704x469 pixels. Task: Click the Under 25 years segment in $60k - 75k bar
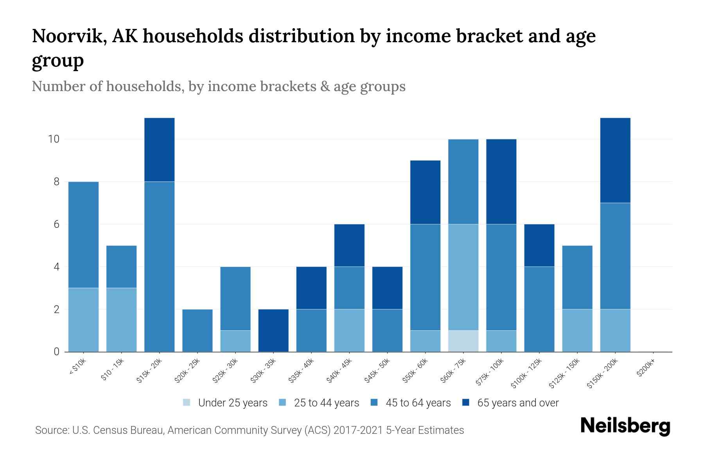[463, 341]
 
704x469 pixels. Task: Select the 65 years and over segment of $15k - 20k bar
[159, 150]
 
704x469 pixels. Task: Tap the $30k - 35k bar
[273, 331]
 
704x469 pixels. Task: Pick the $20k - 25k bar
[198, 331]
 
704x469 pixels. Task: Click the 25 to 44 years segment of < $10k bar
[83, 320]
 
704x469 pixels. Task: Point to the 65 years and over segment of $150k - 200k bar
[615, 160]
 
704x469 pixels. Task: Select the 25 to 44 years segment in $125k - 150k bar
[577, 331]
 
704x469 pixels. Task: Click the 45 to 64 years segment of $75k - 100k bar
[501, 277]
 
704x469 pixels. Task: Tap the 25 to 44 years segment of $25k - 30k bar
[235, 341]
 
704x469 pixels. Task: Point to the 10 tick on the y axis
[54, 139]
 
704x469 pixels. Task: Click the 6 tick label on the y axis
[56, 224]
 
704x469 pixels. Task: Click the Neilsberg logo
[625, 426]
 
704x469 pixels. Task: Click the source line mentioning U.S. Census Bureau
[249, 430]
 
